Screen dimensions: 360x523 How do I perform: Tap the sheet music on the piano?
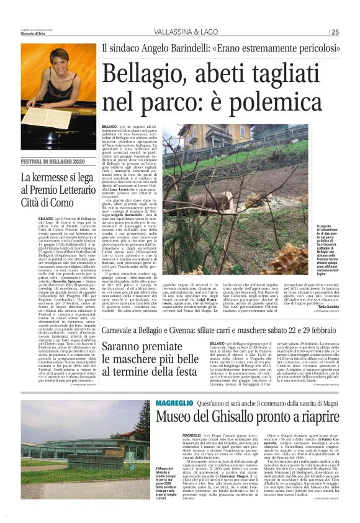47,116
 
